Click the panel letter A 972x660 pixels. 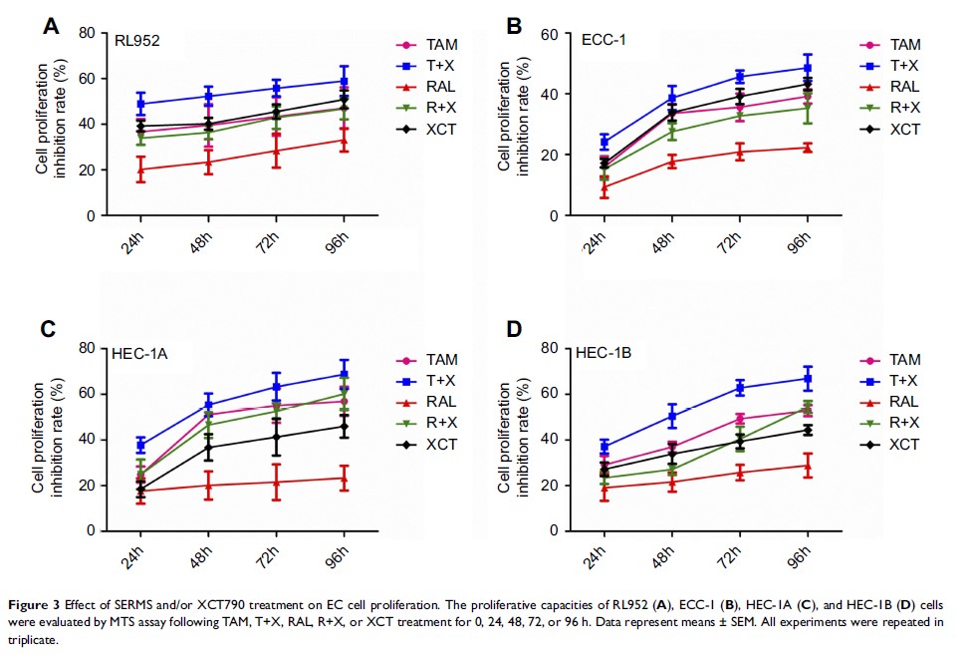(x=51, y=26)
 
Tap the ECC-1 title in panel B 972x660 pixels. (x=604, y=39)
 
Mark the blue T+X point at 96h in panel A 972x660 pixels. (x=344, y=81)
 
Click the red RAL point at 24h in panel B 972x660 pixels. (x=604, y=186)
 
